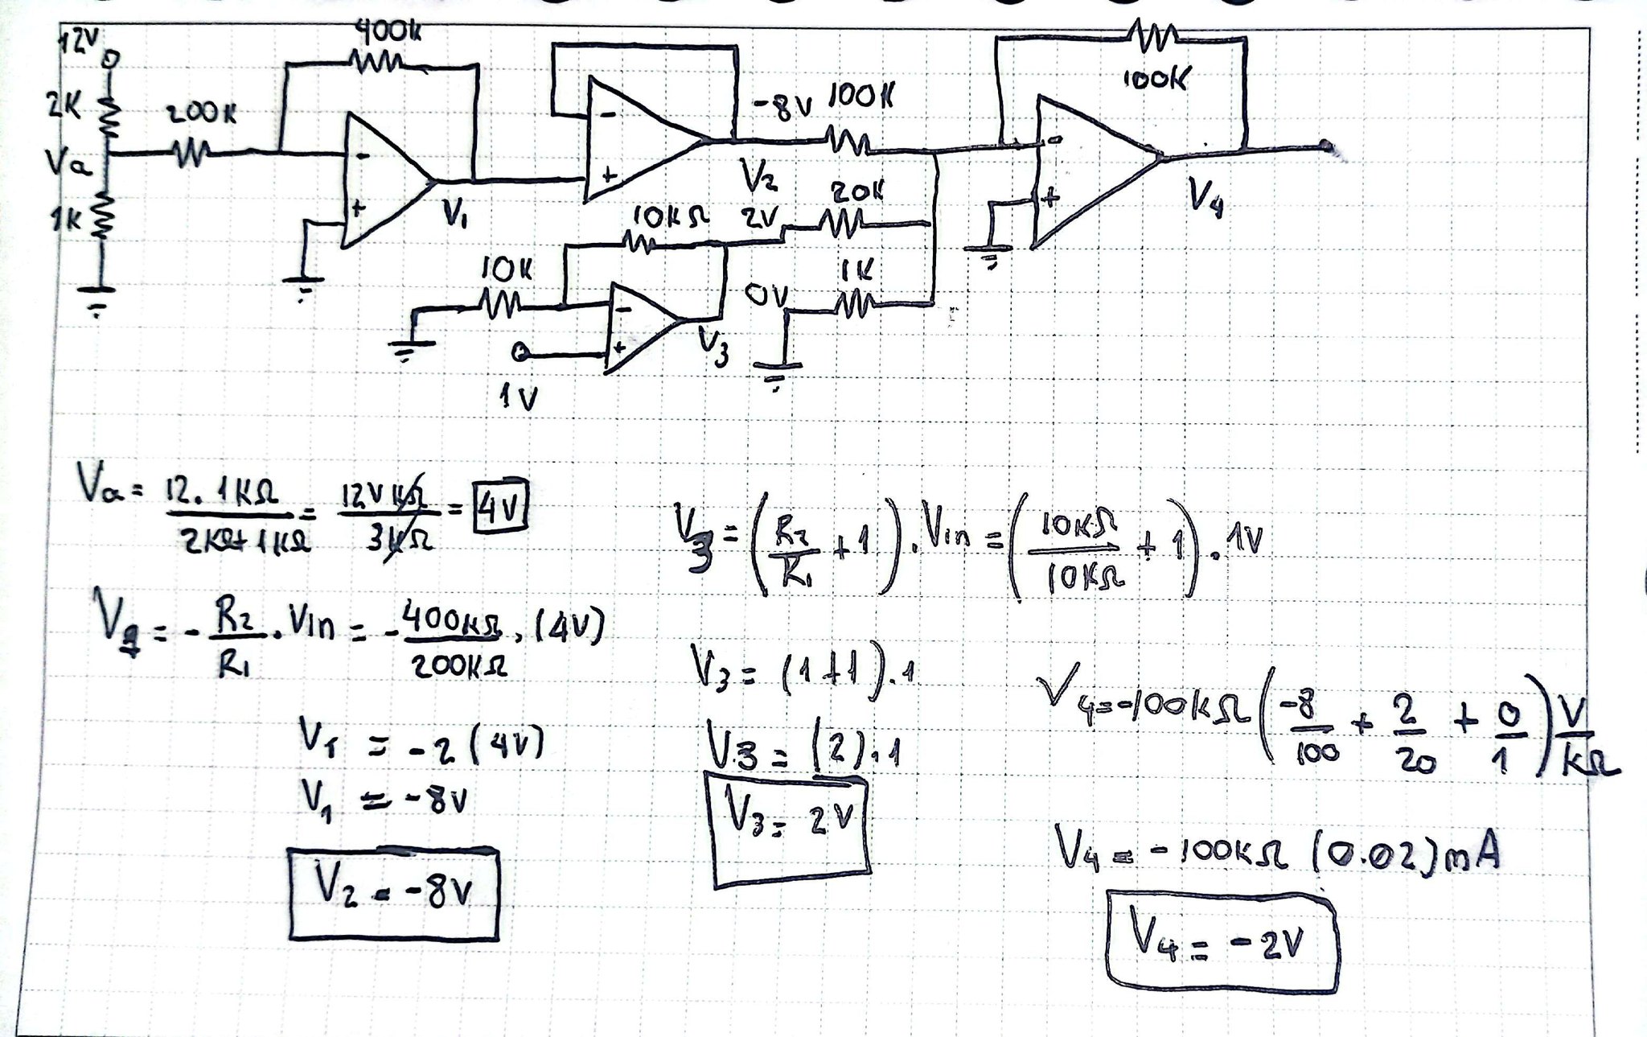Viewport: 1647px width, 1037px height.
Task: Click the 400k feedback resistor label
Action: (388, 34)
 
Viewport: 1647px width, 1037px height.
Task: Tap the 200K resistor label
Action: (201, 115)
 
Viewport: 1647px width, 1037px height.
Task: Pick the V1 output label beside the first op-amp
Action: (456, 213)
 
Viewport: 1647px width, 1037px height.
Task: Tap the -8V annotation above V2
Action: (782, 107)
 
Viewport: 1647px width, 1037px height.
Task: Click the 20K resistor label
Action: (856, 192)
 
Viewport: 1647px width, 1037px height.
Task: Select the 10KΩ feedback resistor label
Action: (671, 216)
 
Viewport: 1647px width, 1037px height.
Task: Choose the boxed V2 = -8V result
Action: (393, 893)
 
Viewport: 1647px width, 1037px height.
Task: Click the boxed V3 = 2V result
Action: (791, 829)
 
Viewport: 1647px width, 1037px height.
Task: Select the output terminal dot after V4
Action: (1325, 147)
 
